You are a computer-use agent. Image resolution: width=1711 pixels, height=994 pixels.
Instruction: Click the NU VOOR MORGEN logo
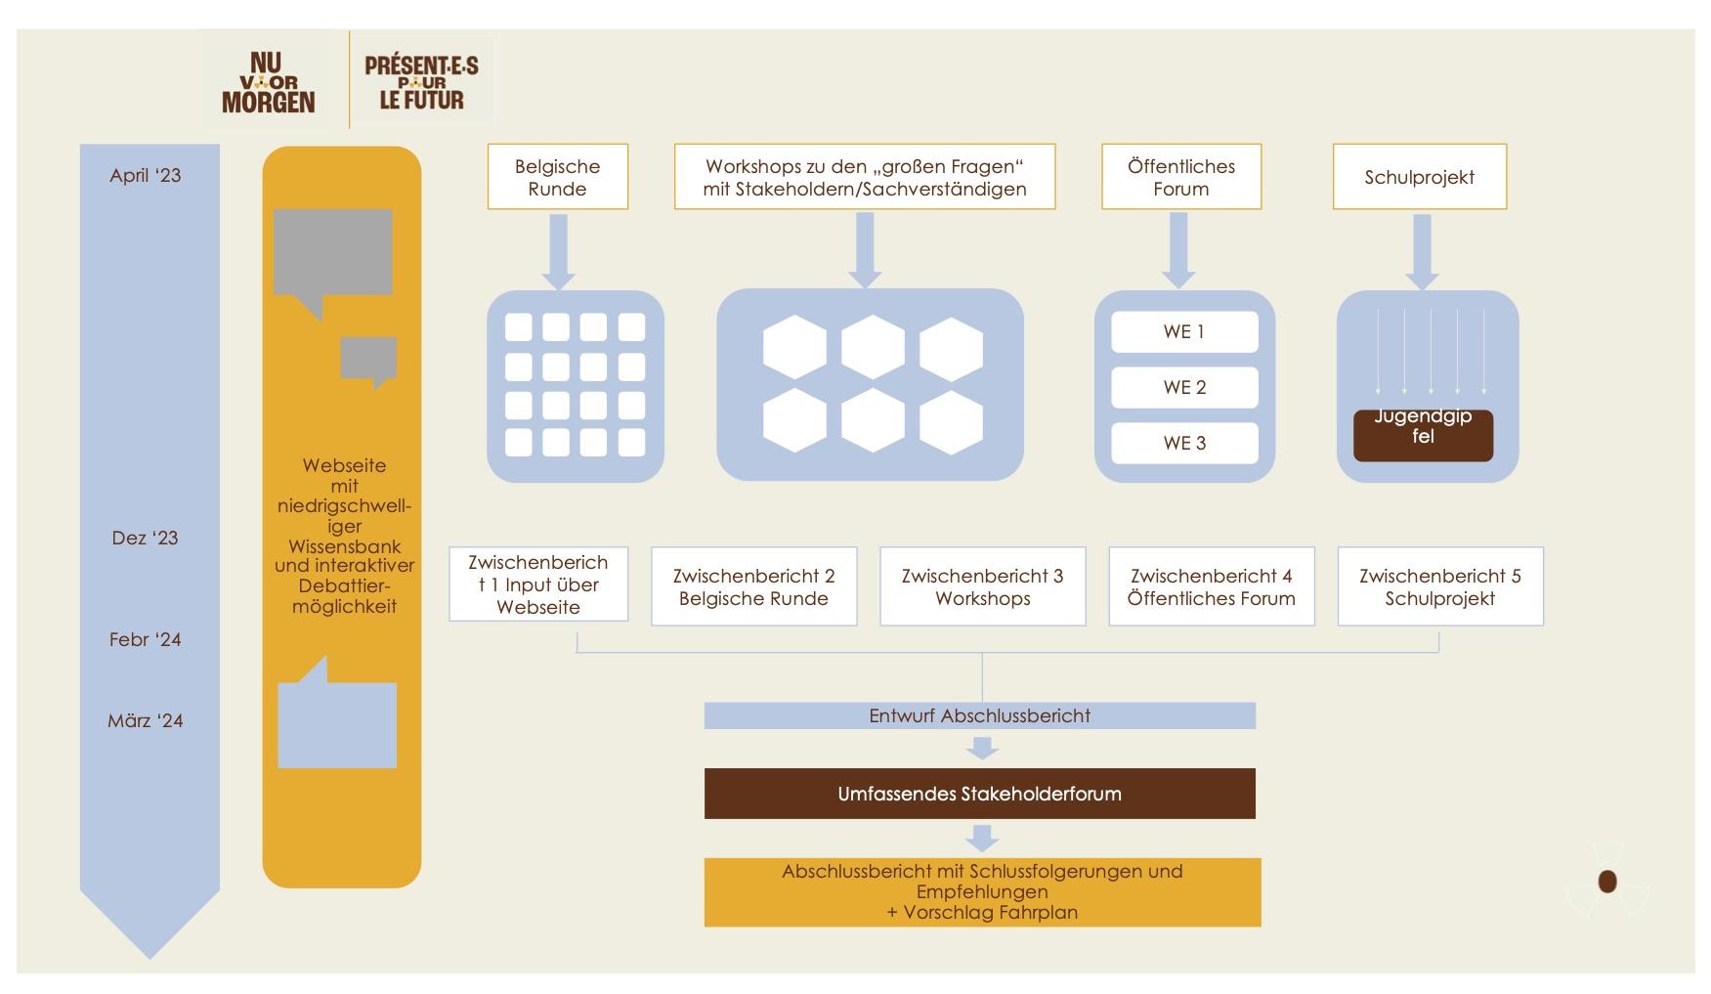click(x=268, y=83)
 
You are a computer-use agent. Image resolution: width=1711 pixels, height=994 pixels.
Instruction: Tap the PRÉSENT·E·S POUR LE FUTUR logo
click(x=421, y=82)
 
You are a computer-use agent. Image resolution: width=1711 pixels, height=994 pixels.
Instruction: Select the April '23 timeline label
click(x=146, y=176)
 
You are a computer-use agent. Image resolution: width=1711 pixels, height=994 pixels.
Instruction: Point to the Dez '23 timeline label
click(x=146, y=539)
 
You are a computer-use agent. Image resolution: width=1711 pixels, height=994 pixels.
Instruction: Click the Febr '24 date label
click(x=146, y=640)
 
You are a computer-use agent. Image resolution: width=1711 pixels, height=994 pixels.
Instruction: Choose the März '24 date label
click(x=146, y=721)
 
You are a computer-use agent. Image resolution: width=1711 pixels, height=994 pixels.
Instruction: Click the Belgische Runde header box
click(x=558, y=177)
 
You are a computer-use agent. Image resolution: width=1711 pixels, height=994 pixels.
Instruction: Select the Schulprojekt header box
click(x=1420, y=177)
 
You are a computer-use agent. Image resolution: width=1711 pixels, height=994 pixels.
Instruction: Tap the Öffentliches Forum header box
click(x=1181, y=177)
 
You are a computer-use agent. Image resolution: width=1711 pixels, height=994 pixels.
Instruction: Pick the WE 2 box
click(x=1184, y=388)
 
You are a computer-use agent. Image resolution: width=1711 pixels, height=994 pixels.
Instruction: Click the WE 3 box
click(x=1184, y=444)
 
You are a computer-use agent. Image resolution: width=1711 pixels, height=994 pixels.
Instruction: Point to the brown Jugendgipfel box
click(x=1423, y=435)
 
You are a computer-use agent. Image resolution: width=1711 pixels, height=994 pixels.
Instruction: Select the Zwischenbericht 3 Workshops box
click(x=983, y=586)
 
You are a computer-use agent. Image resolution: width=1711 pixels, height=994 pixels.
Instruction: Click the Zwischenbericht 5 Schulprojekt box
click(x=1440, y=586)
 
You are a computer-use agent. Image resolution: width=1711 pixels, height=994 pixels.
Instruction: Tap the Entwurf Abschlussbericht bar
click(x=980, y=715)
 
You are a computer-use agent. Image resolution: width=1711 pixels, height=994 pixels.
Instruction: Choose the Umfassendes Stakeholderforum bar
click(x=980, y=794)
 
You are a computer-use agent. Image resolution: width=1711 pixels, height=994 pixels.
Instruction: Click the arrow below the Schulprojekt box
click(x=1422, y=252)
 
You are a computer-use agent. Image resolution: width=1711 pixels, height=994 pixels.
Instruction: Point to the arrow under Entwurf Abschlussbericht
click(x=982, y=748)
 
